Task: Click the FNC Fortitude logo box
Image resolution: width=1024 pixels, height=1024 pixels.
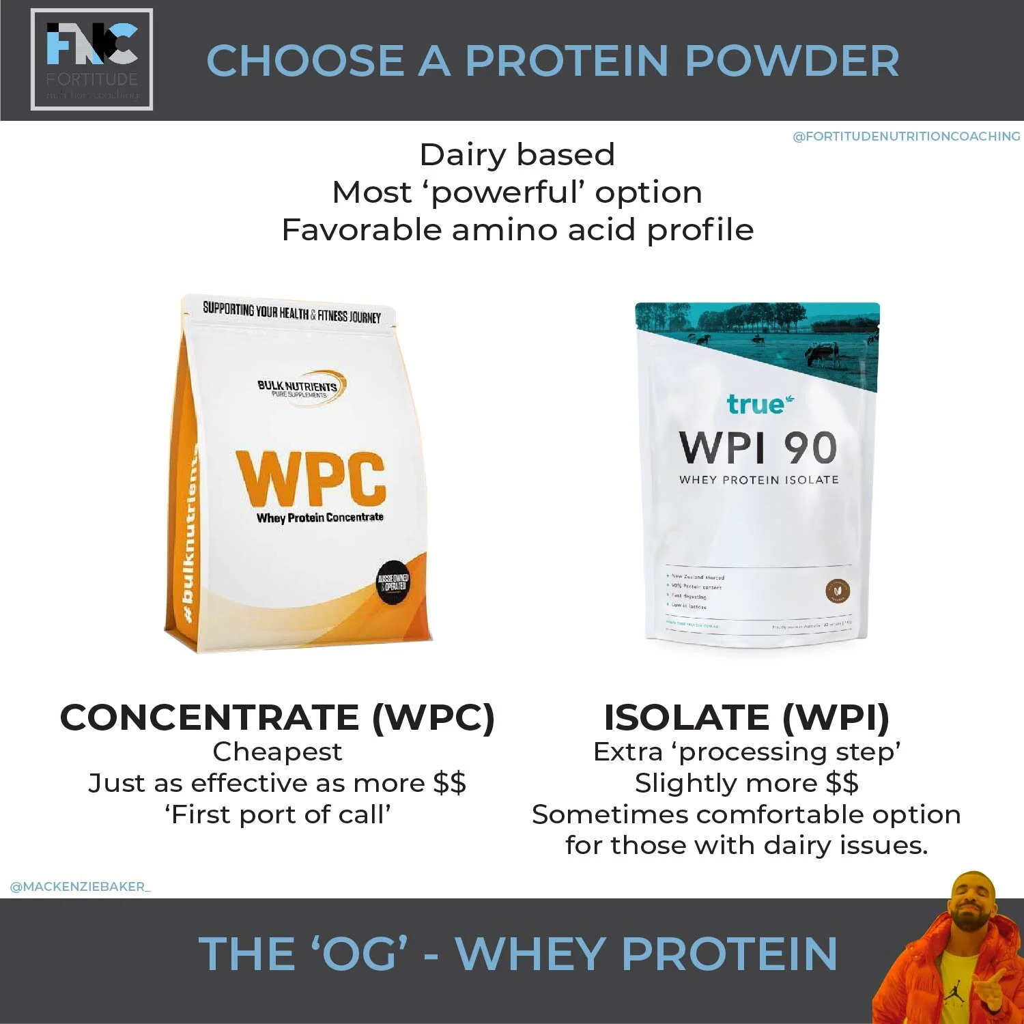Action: coord(91,60)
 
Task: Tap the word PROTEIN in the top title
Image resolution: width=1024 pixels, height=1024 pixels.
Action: coord(567,61)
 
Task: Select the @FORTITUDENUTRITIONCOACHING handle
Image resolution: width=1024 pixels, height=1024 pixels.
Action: coord(906,137)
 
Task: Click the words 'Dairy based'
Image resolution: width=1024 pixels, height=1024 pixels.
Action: coord(517,155)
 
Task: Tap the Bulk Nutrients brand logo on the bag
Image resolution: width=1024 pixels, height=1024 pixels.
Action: coord(300,388)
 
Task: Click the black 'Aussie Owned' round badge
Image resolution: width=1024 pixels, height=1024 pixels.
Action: coord(393,582)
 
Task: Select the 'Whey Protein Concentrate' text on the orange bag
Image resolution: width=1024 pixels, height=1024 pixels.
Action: coord(319,517)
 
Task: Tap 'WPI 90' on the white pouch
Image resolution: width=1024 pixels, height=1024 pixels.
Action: coord(758,449)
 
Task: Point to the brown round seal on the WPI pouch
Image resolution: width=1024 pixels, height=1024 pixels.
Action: coord(838,591)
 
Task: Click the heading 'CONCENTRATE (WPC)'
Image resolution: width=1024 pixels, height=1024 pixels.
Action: coord(277,718)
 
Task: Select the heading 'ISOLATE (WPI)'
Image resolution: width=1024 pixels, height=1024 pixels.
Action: coord(746,718)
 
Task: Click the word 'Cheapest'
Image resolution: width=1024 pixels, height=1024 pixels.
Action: coord(277,752)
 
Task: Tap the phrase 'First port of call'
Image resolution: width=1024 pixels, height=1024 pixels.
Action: coord(277,814)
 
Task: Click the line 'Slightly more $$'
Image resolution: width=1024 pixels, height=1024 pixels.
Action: coord(746,783)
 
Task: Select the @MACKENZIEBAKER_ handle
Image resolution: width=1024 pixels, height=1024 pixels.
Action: coord(80,887)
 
